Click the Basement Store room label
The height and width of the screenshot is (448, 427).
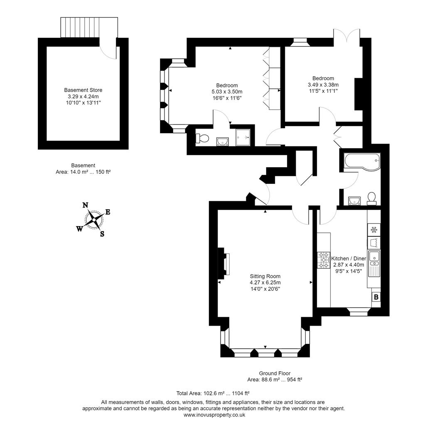(83, 90)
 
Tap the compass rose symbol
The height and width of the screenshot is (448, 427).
(94, 219)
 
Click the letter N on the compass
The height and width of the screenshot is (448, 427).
(85, 205)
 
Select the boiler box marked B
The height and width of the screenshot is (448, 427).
(376, 297)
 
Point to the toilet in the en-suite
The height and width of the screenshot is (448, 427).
(203, 139)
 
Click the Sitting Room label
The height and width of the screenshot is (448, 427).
(265, 276)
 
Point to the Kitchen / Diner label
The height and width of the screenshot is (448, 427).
(348, 258)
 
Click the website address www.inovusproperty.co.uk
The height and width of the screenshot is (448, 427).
(214, 415)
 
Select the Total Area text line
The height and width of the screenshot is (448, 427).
(213, 393)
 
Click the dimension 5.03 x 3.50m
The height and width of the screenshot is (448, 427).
(227, 92)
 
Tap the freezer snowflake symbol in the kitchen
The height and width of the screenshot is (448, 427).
(374, 229)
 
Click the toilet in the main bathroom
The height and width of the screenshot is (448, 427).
(372, 198)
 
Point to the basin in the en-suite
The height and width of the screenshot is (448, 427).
(223, 141)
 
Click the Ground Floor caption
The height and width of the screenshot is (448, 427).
(275, 373)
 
